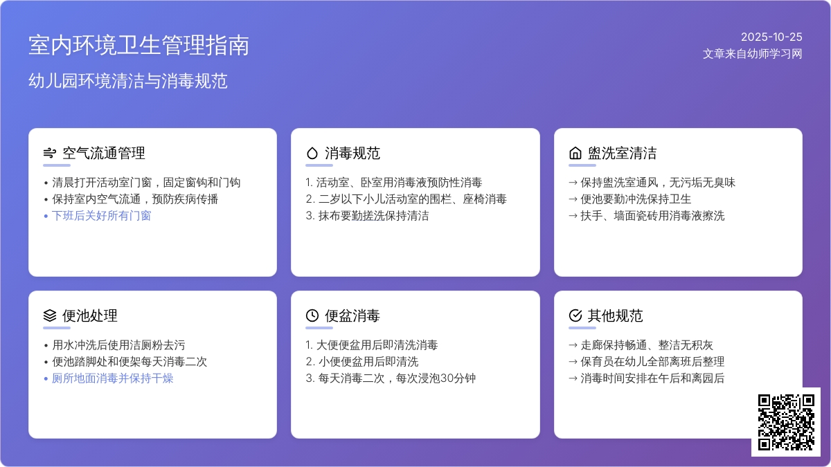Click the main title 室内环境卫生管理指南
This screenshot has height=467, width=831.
[x=138, y=46]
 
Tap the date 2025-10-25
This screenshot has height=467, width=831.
[x=771, y=37]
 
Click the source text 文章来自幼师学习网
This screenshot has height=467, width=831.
[x=752, y=54]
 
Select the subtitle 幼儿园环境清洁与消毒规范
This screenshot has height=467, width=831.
[x=128, y=81]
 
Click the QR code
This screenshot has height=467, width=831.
[x=786, y=422]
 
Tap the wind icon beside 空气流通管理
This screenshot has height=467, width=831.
[x=49, y=154]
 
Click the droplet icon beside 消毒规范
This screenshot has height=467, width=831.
[x=312, y=154]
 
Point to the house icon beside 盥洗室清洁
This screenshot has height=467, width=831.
[x=575, y=154]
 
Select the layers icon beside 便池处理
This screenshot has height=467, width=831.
[x=49, y=316]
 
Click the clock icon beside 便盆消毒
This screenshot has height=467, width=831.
[x=312, y=316]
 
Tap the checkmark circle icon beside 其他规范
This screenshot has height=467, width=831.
[x=575, y=316]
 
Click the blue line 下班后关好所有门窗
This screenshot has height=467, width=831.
[x=101, y=216]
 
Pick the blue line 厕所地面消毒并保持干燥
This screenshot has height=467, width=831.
[x=112, y=378]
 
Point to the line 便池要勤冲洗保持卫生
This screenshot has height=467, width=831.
[x=636, y=199]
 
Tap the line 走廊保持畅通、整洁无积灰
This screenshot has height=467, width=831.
[x=647, y=345]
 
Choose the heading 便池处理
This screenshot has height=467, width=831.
[x=90, y=316]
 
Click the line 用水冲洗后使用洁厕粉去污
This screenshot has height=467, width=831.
[x=118, y=345]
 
